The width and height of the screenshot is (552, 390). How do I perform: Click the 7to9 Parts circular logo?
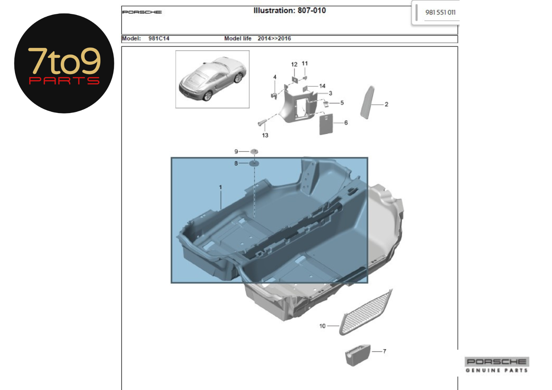(x=64, y=63)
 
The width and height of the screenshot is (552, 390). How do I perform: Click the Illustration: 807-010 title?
(x=289, y=10)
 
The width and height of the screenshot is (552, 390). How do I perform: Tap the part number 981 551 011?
(x=440, y=12)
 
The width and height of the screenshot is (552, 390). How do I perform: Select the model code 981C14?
(x=159, y=38)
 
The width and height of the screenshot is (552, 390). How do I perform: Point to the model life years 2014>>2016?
(x=274, y=38)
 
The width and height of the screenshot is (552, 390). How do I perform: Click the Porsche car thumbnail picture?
(x=213, y=79)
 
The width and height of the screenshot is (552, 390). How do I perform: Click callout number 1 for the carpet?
(x=220, y=187)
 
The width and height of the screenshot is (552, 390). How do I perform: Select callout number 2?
(x=386, y=104)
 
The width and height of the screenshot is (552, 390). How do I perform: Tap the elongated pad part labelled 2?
(x=367, y=102)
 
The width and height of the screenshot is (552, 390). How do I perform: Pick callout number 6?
(x=346, y=122)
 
